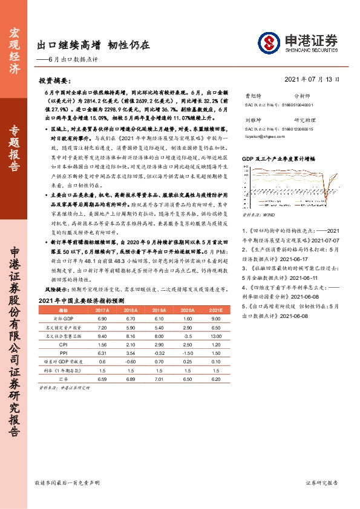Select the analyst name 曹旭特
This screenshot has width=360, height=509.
(252, 96)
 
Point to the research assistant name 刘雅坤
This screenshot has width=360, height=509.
(252, 120)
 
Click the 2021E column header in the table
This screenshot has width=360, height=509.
(217, 309)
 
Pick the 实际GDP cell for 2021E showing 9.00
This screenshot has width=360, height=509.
(217, 318)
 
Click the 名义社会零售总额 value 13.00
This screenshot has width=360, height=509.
(217, 335)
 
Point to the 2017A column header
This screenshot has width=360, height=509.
(102, 309)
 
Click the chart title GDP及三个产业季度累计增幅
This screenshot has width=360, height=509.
(278, 158)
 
